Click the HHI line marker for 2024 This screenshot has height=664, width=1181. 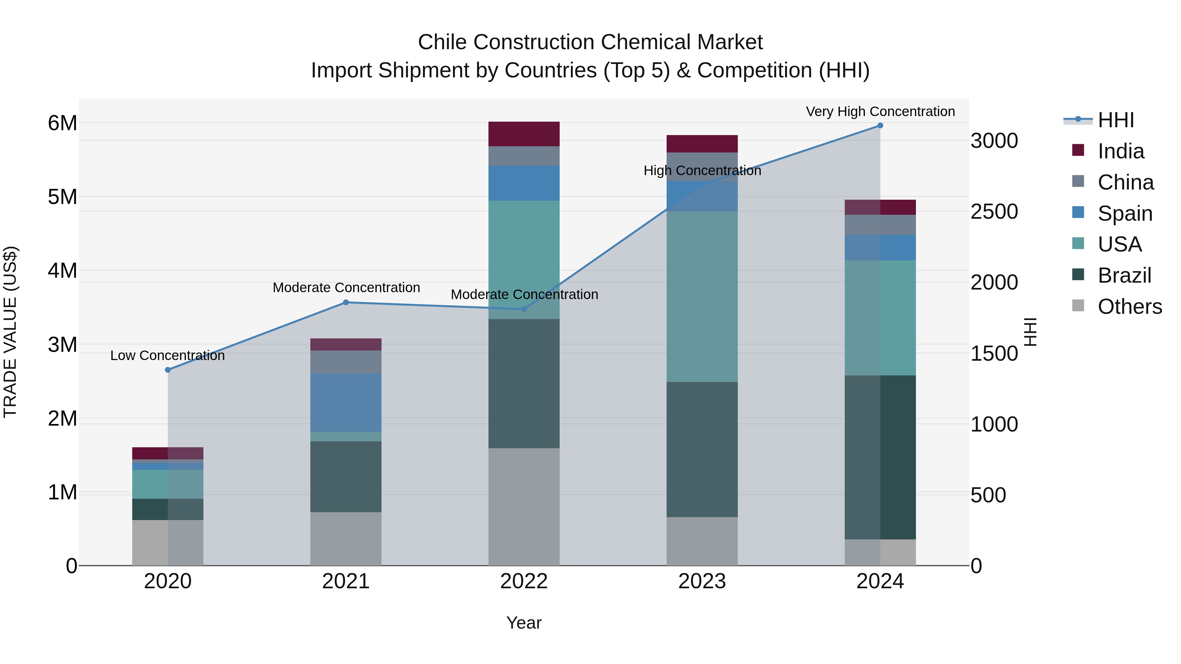pos(880,126)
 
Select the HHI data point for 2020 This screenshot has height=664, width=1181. pos(168,370)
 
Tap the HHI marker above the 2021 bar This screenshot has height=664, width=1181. pos(346,302)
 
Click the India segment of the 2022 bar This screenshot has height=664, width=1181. pos(524,134)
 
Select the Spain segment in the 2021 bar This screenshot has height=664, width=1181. pos(346,402)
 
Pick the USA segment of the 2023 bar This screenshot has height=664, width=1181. pos(702,296)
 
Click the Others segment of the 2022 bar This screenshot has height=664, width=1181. pos(524,506)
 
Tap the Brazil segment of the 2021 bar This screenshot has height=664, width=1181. pos(346,476)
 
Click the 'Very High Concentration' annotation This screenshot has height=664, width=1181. pos(880,111)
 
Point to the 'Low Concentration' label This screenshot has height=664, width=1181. pos(167,355)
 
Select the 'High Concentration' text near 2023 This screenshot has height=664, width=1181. pos(702,171)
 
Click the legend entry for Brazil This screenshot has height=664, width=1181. pos(1124,275)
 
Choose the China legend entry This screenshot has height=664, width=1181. pos(1125,182)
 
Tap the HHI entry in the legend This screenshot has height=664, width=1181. pos(1115,120)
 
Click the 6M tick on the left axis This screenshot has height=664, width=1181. pos(62,123)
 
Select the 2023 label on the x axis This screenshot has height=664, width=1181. pos(702,581)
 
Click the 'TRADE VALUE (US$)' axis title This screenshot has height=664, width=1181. pos(10,332)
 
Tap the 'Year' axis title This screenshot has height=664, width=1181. pos(524,623)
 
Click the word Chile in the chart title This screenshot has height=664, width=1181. pos(443,42)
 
